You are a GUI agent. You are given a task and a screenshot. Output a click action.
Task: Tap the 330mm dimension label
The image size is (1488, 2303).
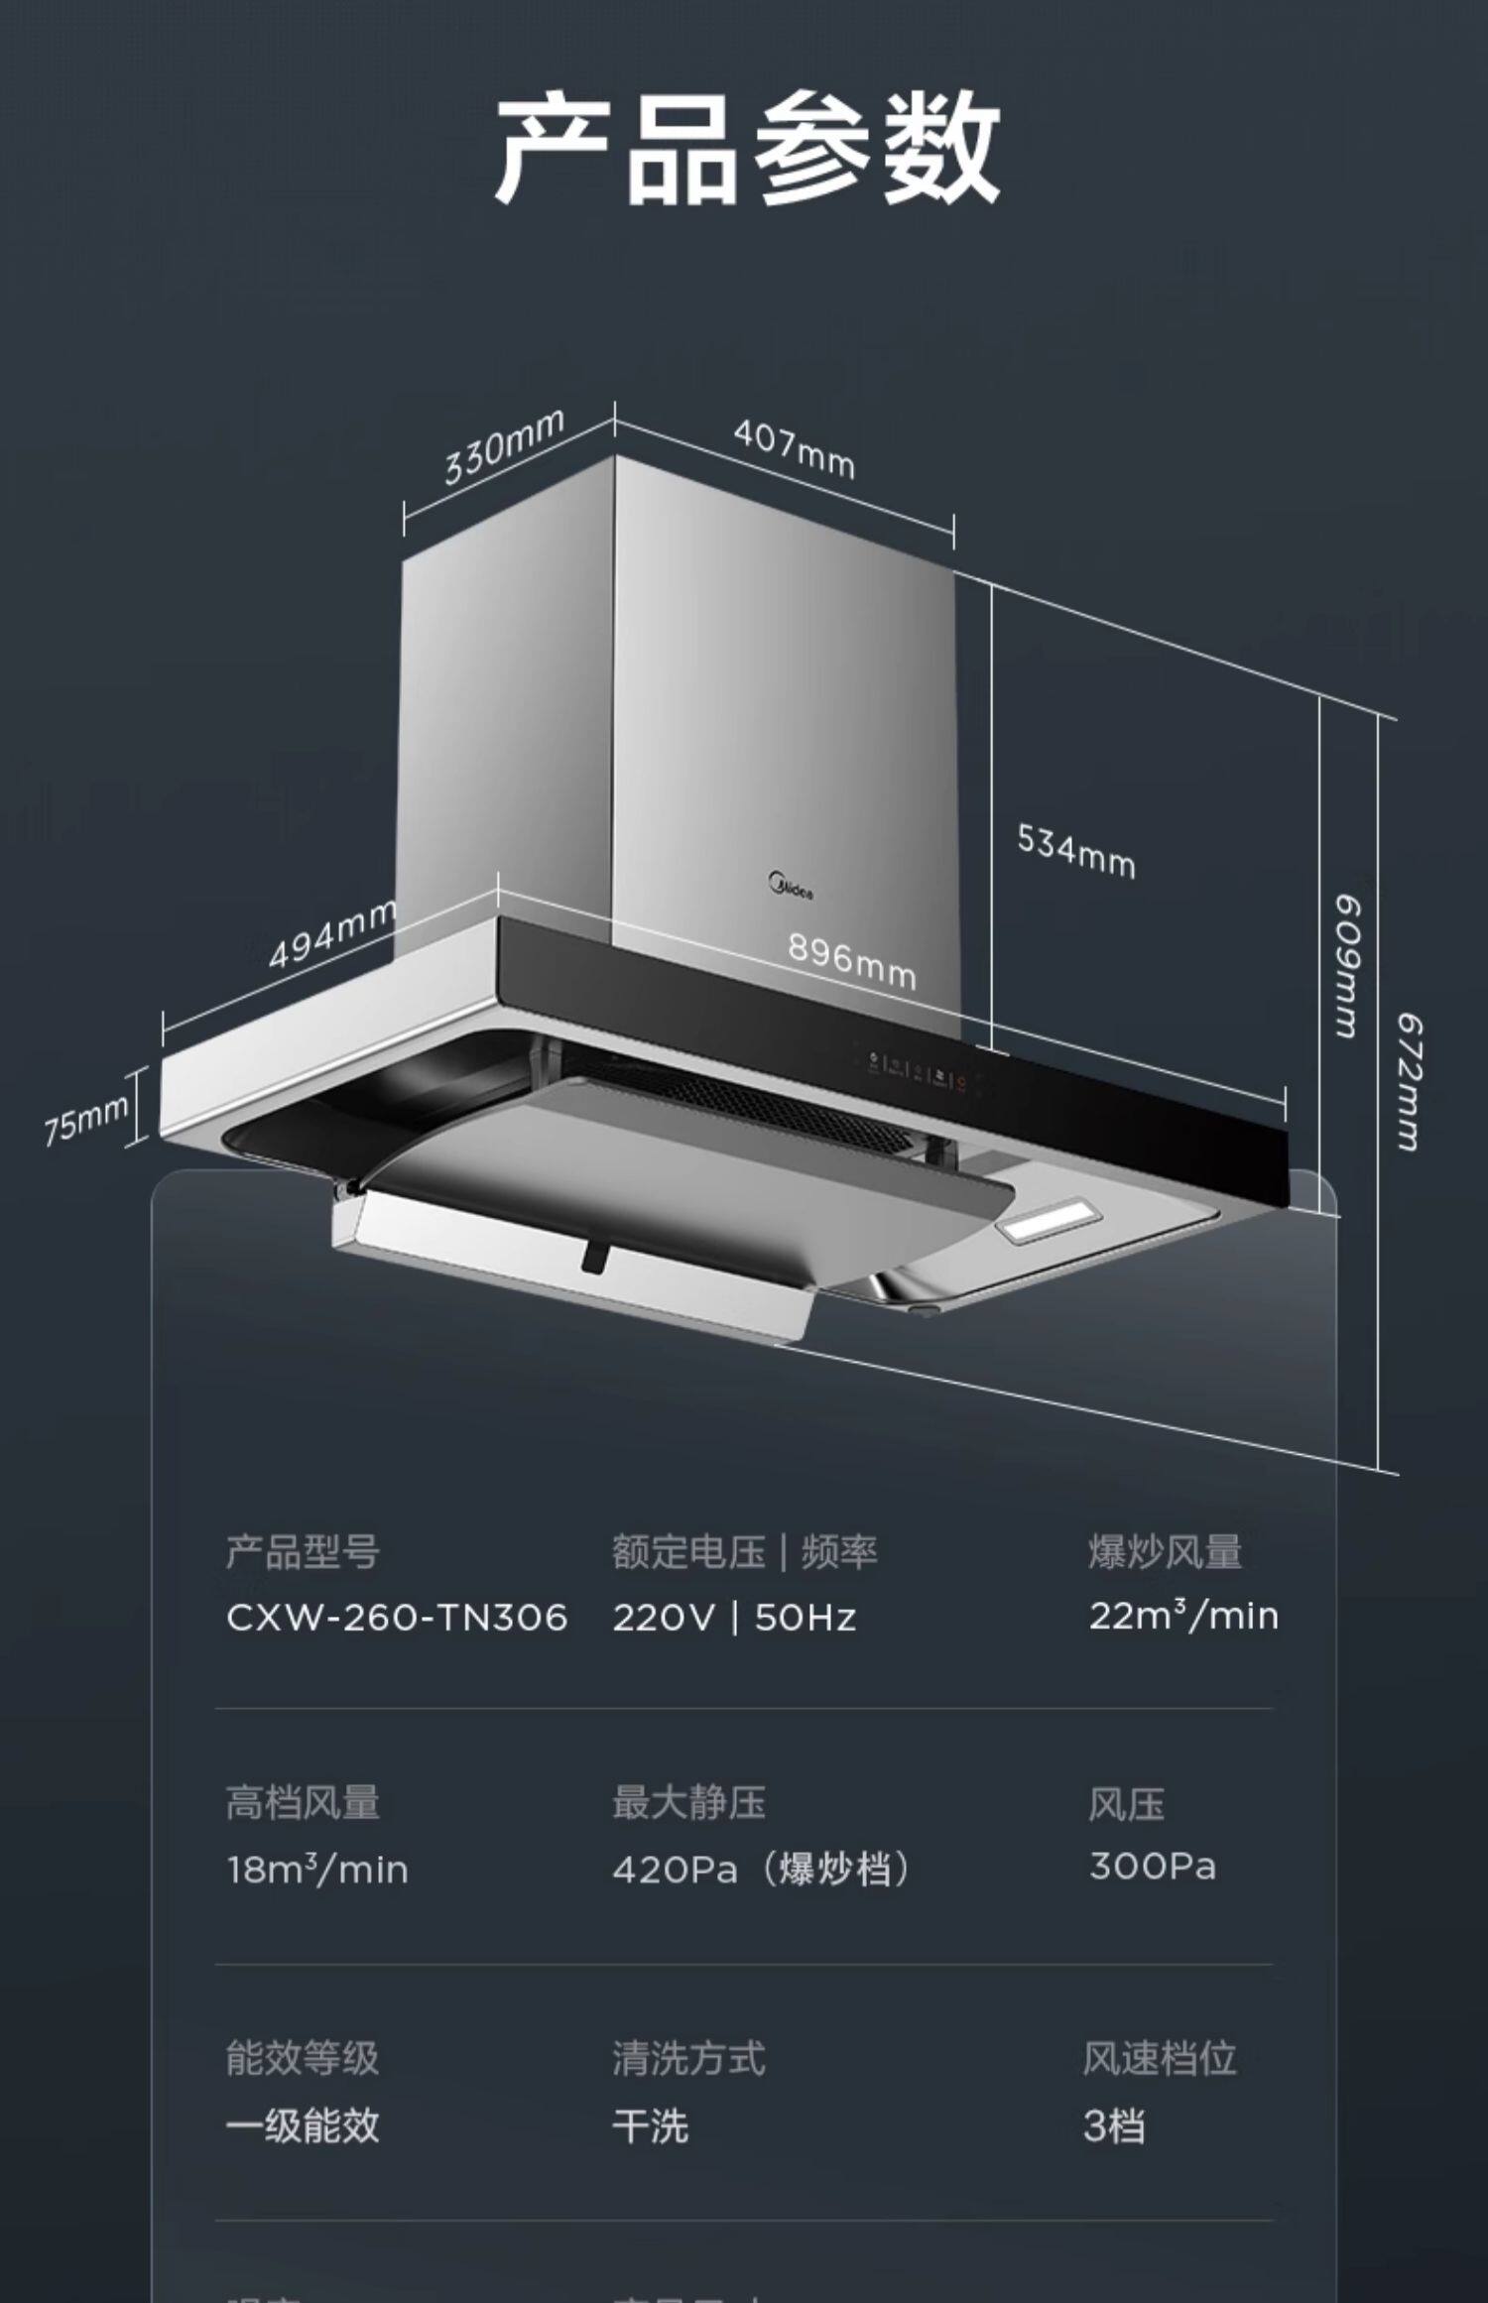tap(504, 446)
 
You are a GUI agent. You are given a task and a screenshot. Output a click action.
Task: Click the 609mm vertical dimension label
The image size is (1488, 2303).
tap(1346, 966)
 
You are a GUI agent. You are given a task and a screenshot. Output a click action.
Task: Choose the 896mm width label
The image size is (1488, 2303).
tap(851, 961)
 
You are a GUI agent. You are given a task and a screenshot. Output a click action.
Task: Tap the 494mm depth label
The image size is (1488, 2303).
tap(332, 934)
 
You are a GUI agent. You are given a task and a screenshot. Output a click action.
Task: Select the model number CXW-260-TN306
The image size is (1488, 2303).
tap(396, 1618)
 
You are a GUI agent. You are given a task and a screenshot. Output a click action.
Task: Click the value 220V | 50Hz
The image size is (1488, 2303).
tap(733, 1618)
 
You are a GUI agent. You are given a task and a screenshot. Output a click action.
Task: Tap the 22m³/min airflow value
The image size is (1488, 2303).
tap(1183, 1616)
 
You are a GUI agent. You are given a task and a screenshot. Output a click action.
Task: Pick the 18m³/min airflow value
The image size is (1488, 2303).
tap(316, 1870)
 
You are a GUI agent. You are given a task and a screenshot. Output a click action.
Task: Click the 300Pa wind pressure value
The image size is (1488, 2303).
tap(1152, 1866)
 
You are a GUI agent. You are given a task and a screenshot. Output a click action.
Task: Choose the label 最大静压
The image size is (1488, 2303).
tap(688, 1802)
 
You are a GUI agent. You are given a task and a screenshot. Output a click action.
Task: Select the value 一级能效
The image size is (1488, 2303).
tap(303, 2125)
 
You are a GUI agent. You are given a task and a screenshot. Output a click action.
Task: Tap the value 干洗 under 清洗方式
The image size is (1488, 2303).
tap(650, 2125)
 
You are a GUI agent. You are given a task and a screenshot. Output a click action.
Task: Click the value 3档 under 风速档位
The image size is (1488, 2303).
tap(1114, 2125)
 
